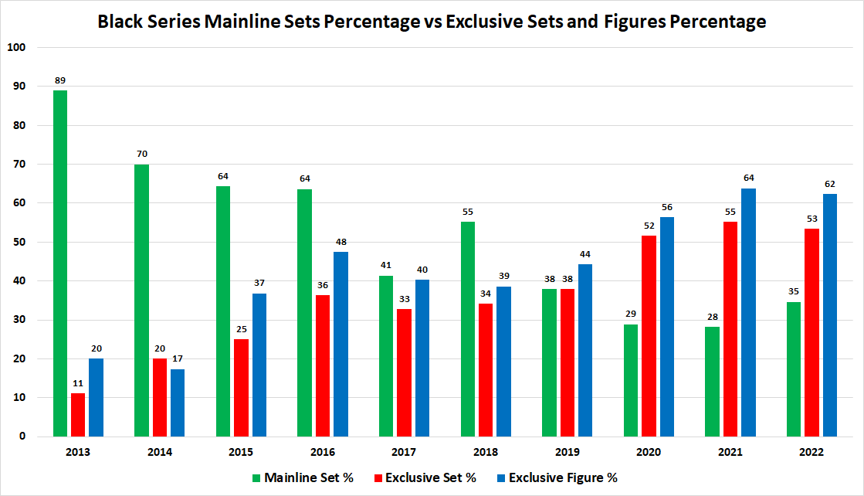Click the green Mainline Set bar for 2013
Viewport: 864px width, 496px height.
[59, 263]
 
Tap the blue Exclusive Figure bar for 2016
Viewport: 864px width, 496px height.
[341, 344]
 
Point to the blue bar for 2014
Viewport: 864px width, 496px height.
[178, 403]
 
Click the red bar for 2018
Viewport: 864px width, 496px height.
[486, 370]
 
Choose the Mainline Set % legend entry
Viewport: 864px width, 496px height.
[301, 477]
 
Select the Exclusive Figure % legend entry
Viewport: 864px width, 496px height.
[556, 477]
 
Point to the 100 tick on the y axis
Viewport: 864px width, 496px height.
[16, 47]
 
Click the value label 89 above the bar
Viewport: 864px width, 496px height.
[59, 80]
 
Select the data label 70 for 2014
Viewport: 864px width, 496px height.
[141, 154]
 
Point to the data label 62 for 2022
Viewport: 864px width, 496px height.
[830, 183]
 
